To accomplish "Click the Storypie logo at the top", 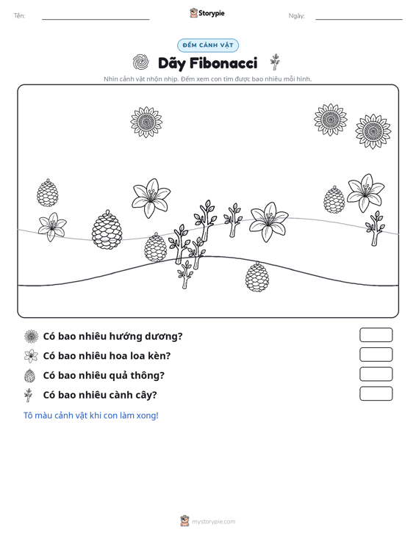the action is [207, 13].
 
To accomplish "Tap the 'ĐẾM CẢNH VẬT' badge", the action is [208, 46].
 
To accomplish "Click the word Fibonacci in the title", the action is [223, 63].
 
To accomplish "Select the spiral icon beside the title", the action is [140, 62].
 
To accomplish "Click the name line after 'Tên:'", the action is [96, 19].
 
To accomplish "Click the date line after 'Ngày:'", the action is [359, 19].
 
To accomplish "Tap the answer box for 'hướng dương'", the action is [376, 335].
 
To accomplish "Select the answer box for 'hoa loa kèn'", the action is [376, 355].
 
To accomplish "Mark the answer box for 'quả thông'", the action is [376, 374].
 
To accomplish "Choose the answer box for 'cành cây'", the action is [376, 393].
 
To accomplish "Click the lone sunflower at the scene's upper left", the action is [146, 122].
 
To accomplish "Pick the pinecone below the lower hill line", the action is [257, 277].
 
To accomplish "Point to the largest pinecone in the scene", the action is [107, 230].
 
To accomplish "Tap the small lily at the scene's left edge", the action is [52, 227].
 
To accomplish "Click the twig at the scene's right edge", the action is [375, 228].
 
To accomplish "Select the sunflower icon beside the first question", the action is [32, 336].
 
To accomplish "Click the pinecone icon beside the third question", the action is [30, 375].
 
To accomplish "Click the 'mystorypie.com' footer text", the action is [214, 522].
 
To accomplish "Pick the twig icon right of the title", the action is [274, 62].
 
